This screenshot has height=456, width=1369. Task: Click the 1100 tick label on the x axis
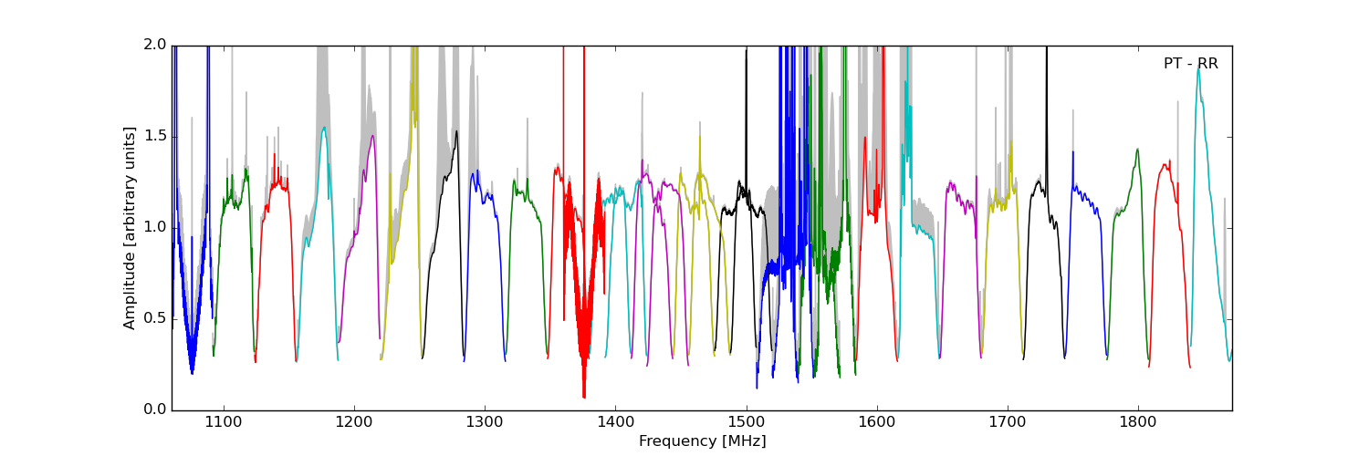223,423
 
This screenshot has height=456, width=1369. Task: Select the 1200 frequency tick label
353,423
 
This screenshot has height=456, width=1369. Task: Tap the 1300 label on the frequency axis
484,423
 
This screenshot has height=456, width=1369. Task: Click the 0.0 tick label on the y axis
154,410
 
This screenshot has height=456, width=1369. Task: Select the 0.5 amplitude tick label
154,319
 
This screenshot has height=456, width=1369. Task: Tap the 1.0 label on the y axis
154,228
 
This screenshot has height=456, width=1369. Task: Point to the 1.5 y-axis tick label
154,137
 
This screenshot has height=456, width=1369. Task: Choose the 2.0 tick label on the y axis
154,46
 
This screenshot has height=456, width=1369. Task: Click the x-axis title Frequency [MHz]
702,441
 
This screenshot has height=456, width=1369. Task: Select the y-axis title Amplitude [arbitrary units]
130,228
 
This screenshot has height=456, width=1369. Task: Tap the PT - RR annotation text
1190,64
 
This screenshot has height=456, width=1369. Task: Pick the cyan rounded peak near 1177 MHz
324,129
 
